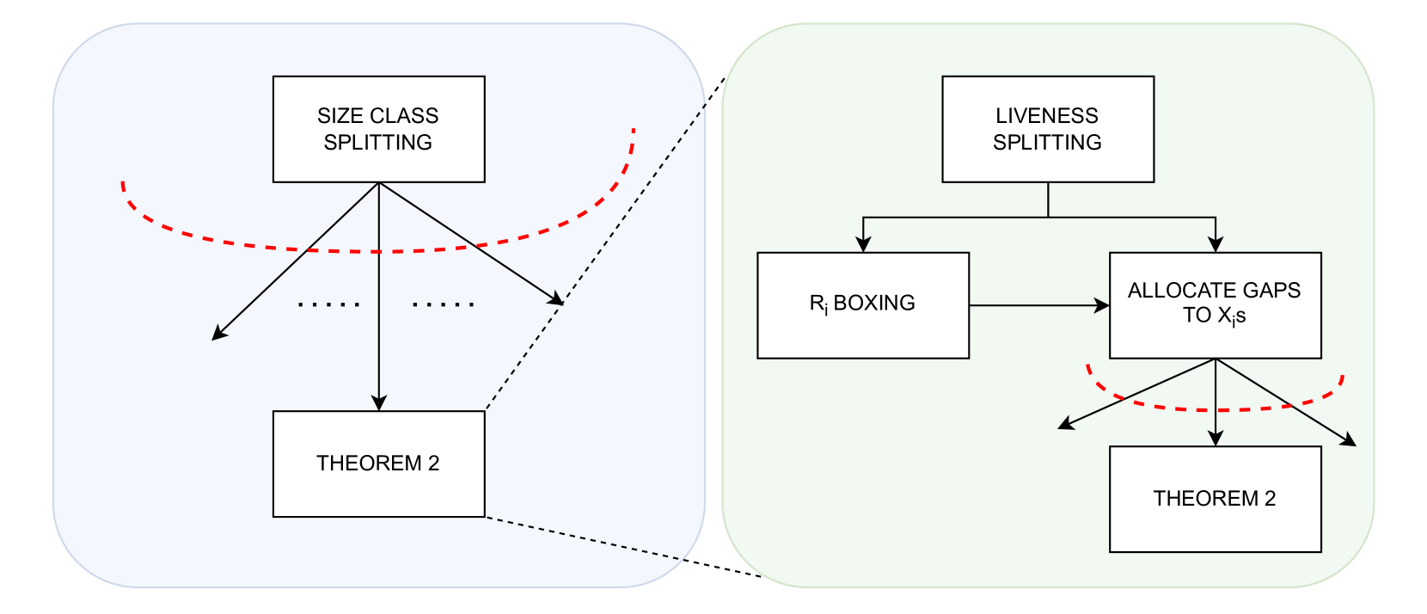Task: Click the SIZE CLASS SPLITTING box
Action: click(x=378, y=130)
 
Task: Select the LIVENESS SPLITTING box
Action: click(x=1048, y=130)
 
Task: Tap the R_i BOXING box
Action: click(x=863, y=305)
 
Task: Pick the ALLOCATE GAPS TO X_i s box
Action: click(x=1216, y=305)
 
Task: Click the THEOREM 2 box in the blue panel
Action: click(x=378, y=464)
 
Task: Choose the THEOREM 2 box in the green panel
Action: click(x=1216, y=499)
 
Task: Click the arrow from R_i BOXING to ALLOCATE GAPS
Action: click(x=1039, y=305)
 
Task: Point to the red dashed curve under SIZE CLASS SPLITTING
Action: click(x=378, y=252)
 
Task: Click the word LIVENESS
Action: click(x=1047, y=115)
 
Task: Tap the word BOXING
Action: click(x=874, y=303)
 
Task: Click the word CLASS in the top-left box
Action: click(x=406, y=115)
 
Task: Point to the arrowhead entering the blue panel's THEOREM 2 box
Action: click(x=379, y=403)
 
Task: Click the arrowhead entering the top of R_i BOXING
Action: click(x=863, y=244)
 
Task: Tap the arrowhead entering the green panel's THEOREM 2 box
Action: click(x=1216, y=439)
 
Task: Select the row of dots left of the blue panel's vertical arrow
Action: click(x=328, y=304)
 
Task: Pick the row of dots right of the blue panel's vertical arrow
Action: click(x=444, y=304)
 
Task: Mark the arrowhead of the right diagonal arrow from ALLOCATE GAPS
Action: click(x=1349, y=440)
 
